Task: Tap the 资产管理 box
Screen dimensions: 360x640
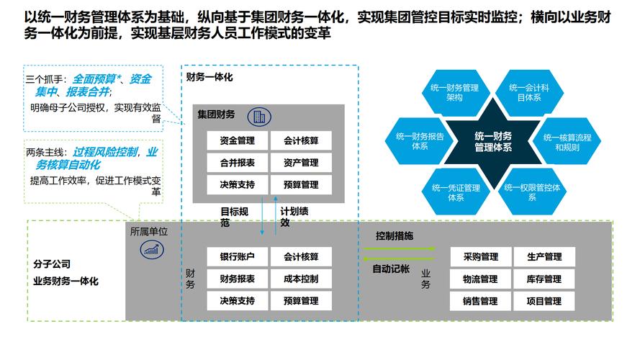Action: tap(301, 163)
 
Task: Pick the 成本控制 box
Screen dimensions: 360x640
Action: tap(301, 279)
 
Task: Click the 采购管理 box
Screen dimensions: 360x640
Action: tap(480, 256)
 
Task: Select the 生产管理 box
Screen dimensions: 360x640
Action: tap(544, 256)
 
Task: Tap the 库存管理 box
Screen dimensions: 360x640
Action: tap(544, 279)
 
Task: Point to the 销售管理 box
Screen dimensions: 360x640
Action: tap(480, 301)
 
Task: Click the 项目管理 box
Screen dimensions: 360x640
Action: tap(544, 301)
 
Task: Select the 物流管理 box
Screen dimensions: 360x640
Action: tap(480, 279)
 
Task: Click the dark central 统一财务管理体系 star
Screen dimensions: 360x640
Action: tap(493, 141)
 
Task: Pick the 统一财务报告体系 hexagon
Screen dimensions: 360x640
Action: tap(419, 140)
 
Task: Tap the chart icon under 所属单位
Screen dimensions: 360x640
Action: tap(151, 249)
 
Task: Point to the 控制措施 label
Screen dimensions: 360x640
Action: tap(395, 236)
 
